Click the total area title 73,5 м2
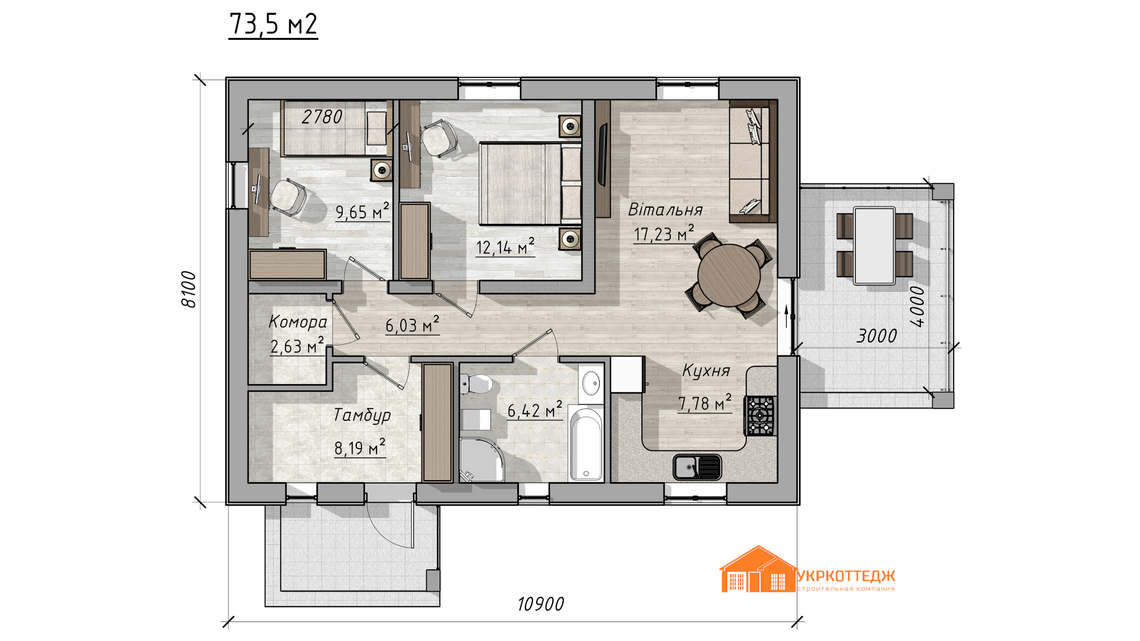(273, 24)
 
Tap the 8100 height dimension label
(188, 289)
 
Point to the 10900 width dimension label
(540, 604)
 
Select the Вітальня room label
(666, 210)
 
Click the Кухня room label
(706, 371)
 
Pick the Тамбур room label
(362, 415)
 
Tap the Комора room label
(297, 322)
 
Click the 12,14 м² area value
(505, 246)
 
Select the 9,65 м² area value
(362, 211)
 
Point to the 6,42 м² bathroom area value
(534, 410)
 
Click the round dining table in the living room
(729, 275)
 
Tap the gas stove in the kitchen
(760, 415)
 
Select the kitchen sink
(697, 467)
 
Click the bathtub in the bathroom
(586, 443)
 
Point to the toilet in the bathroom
(476, 384)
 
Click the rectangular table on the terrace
(874, 246)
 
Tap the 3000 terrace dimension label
(876, 337)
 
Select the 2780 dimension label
(322, 117)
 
